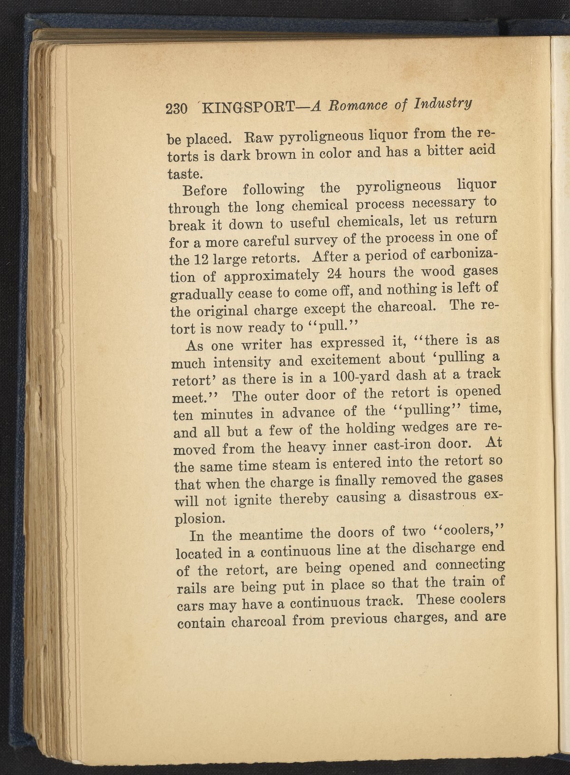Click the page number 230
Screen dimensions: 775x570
point(176,109)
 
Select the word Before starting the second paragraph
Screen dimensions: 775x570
point(205,190)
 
